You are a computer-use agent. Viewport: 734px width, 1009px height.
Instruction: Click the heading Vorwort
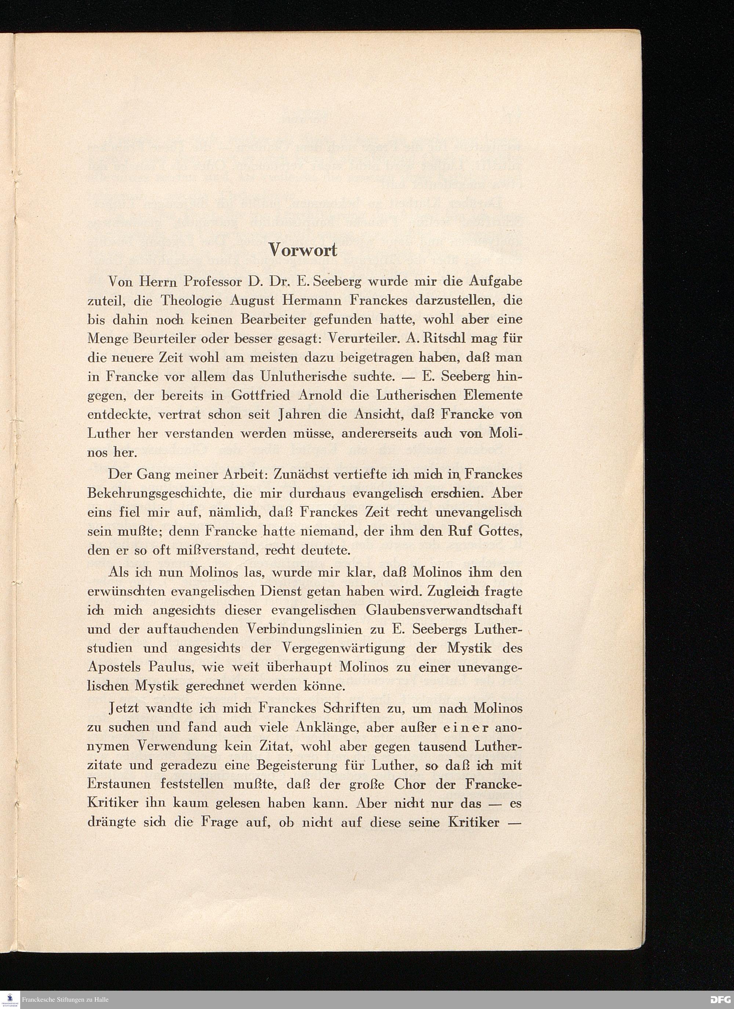[303, 250]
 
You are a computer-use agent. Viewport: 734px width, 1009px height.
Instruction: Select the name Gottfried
[260, 396]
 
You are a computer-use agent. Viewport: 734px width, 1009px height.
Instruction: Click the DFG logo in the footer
[719, 1000]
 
